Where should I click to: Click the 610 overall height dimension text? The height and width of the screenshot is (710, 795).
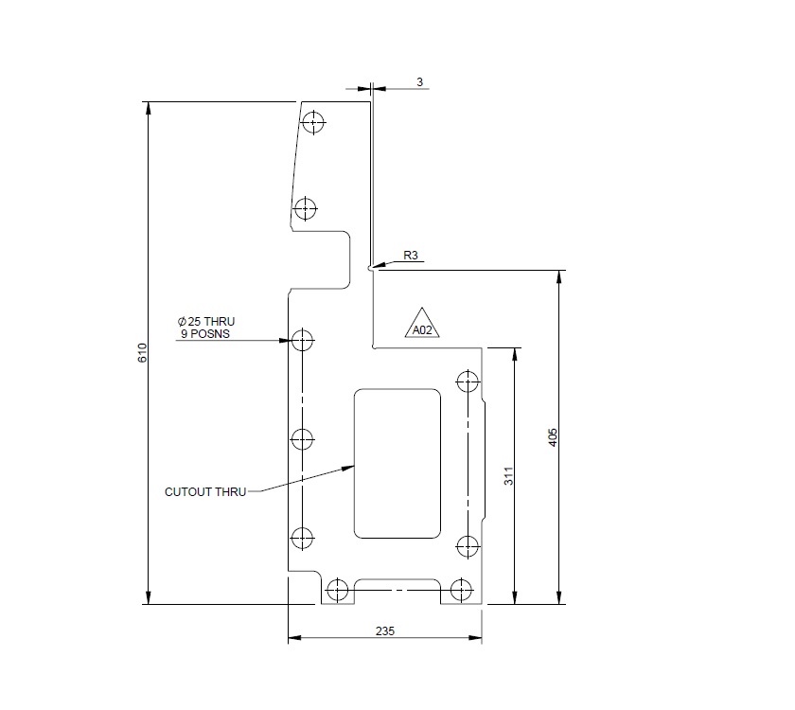coord(142,353)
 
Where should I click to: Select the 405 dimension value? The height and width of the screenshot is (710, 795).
coord(555,436)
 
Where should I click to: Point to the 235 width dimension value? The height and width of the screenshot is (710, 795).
coord(384,630)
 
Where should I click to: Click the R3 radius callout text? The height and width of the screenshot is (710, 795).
coord(411,256)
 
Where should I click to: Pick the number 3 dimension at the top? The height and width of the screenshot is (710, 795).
coord(419,82)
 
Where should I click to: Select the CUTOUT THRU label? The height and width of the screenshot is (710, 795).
coord(204,491)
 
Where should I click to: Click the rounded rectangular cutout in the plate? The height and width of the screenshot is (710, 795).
coord(397,463)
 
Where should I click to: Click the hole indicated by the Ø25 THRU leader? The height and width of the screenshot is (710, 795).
coord(302,340)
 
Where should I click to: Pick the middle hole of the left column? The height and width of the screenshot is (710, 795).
coord(302,439)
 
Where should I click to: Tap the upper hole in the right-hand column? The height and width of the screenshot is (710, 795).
coord(468,381)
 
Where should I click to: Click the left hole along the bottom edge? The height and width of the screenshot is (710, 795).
coord(341,589)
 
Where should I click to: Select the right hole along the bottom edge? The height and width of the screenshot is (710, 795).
coord(461,589)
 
